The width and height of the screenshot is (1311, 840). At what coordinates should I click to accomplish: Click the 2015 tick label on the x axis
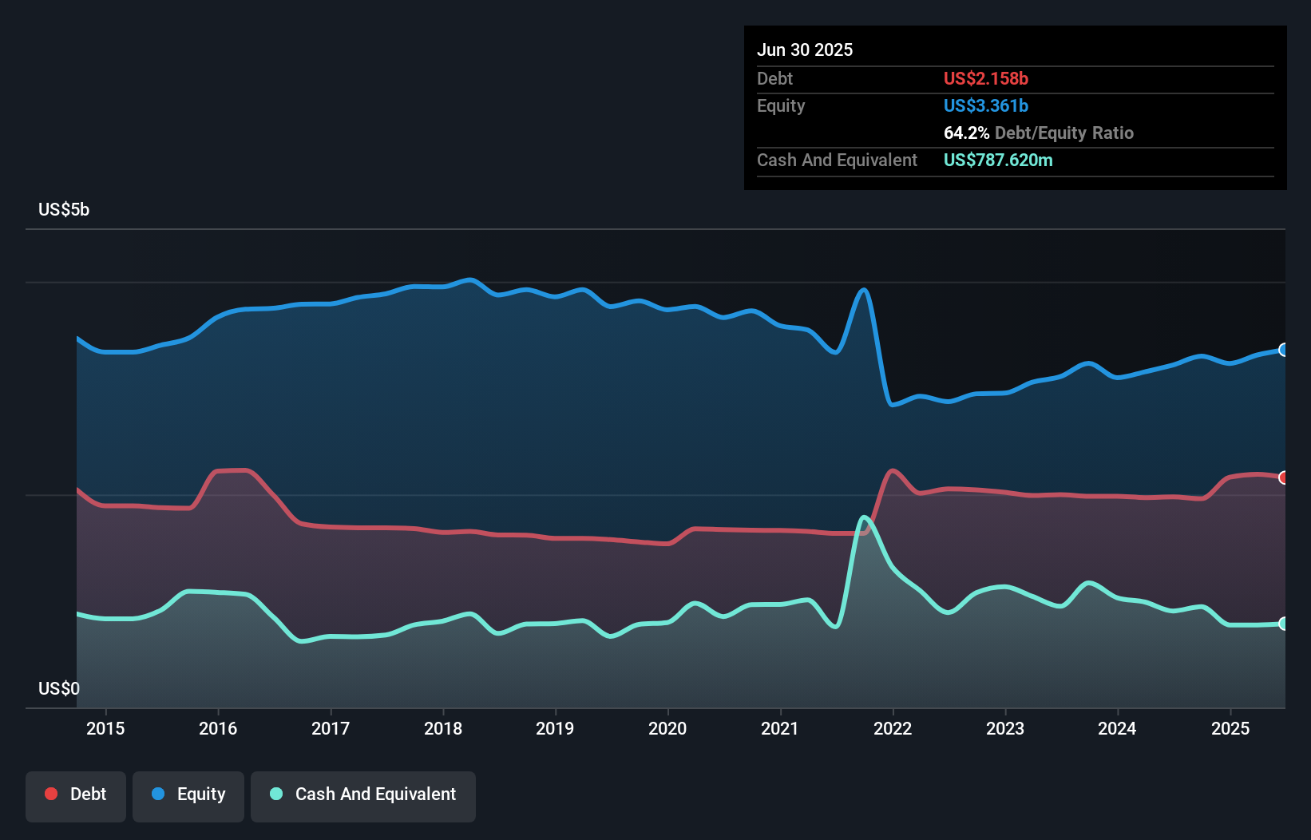pyautogui.click(x=105, y=728)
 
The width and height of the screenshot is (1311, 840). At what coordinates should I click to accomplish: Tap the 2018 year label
pyautogui.click(x=443, y=728)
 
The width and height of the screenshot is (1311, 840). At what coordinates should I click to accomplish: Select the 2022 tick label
pyautogui.click(x=893, y=728)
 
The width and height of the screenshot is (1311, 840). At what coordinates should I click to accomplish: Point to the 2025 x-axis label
pyautogui.click(x=1230, y=728)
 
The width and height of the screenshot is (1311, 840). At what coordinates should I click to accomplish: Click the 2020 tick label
pyautogui.click(x=667, y=728)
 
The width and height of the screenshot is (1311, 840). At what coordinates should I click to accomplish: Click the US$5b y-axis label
pyautogui.click(x=64, y=209)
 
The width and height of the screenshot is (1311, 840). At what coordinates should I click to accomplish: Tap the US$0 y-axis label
pyautogui.click(x=59, y=688)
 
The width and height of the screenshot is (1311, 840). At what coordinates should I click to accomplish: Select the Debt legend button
pyautogui.click(x=76, y=794)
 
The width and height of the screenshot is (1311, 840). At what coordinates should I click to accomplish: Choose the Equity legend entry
pyautogui.click(x=188, y=794)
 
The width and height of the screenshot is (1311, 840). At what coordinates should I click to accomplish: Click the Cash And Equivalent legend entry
pyautogui.click(x=363, y=794)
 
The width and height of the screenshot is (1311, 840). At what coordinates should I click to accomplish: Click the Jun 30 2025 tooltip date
pyautogui.click(x=805, y=50)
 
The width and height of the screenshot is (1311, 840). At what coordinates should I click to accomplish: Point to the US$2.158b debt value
pyautogui.click(x=985, y=78)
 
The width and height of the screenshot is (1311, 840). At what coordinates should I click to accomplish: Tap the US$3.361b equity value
pyautogui.click(x=985, y=105)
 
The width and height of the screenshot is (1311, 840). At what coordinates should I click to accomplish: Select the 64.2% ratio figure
pyautogui.click(x=966, y=133)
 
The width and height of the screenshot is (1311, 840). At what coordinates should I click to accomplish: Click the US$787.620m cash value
pyautogui.click(x=998, y=160)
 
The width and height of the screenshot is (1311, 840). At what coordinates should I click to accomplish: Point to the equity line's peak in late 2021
pyautogui.click(x=863, y=290)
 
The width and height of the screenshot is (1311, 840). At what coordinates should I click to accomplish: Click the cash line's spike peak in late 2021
pyautogui.click(x=864, y=517)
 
